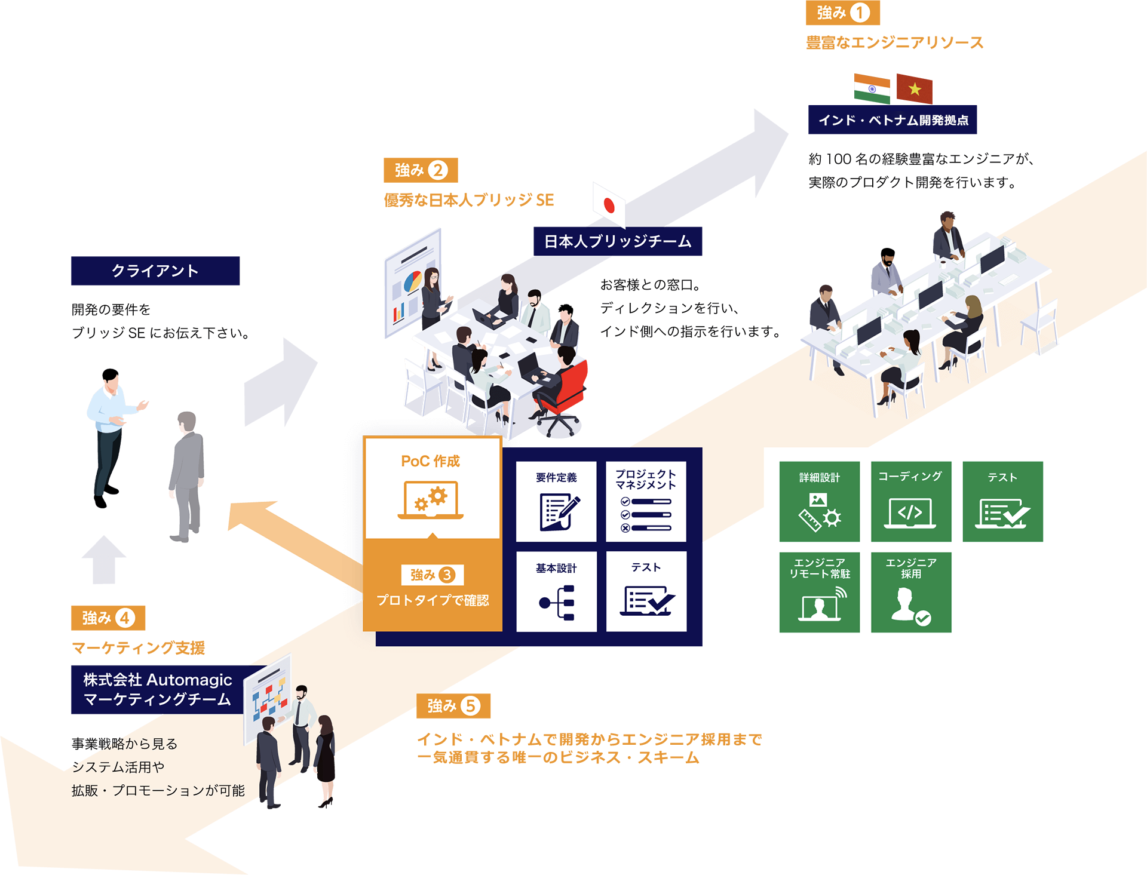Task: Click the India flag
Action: click(x=872, y=89)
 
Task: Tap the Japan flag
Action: click(x=609, y=206)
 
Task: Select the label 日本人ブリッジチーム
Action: click(x=618, y=241)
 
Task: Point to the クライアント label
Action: click(x=155, y=271)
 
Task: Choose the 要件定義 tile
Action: click(x=556, y=501)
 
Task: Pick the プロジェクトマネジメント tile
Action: click(x=646, y=501)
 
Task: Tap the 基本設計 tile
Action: click(x=556, y=591)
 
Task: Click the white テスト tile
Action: click(x=646, y=591)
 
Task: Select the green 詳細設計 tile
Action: click(x=819, y=501)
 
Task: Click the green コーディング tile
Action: click(x=910, y=501)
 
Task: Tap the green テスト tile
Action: click(x=1002, y=501)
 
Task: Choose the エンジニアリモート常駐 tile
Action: click(x=819, y=592)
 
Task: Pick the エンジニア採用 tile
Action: click(x=910, y=592)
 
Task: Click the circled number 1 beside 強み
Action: click(x=860, y=13)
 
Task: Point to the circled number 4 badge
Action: click(x=124, y=618)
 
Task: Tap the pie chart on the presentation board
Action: click(x=413, y=281)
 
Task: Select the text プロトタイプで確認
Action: click(x=433, y=600)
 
